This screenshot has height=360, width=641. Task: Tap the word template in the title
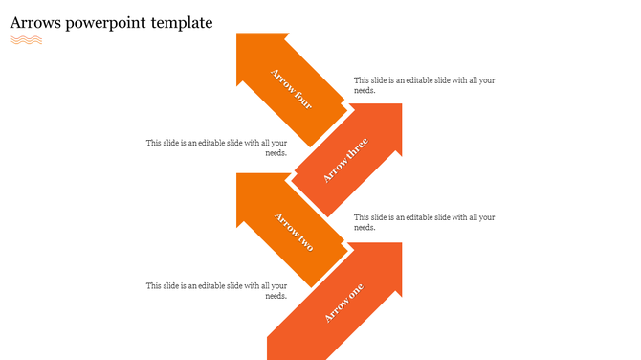pyautogui.click(x=181, y=22)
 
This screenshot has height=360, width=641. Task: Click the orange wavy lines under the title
pyautogui.click(x=26, y=40)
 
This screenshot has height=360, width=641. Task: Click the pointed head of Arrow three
pyautogui.click(x=387, y=120)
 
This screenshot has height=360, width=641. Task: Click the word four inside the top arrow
pyautogui.click(x=301, y=99)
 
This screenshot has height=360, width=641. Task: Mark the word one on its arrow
pyautogui.click(x=353, y=295)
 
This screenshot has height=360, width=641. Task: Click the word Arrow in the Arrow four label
pyautogui.click(x=282, y=79)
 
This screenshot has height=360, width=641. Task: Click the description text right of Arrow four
pyautogui.click(x=424, y=85)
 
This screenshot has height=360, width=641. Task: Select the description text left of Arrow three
pyautogui.click(x=217, y=147)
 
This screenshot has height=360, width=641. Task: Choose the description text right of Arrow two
pyautogui.click(x=424, y=222)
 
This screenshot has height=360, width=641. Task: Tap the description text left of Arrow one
pyautogui.click(x=217, y=290)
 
